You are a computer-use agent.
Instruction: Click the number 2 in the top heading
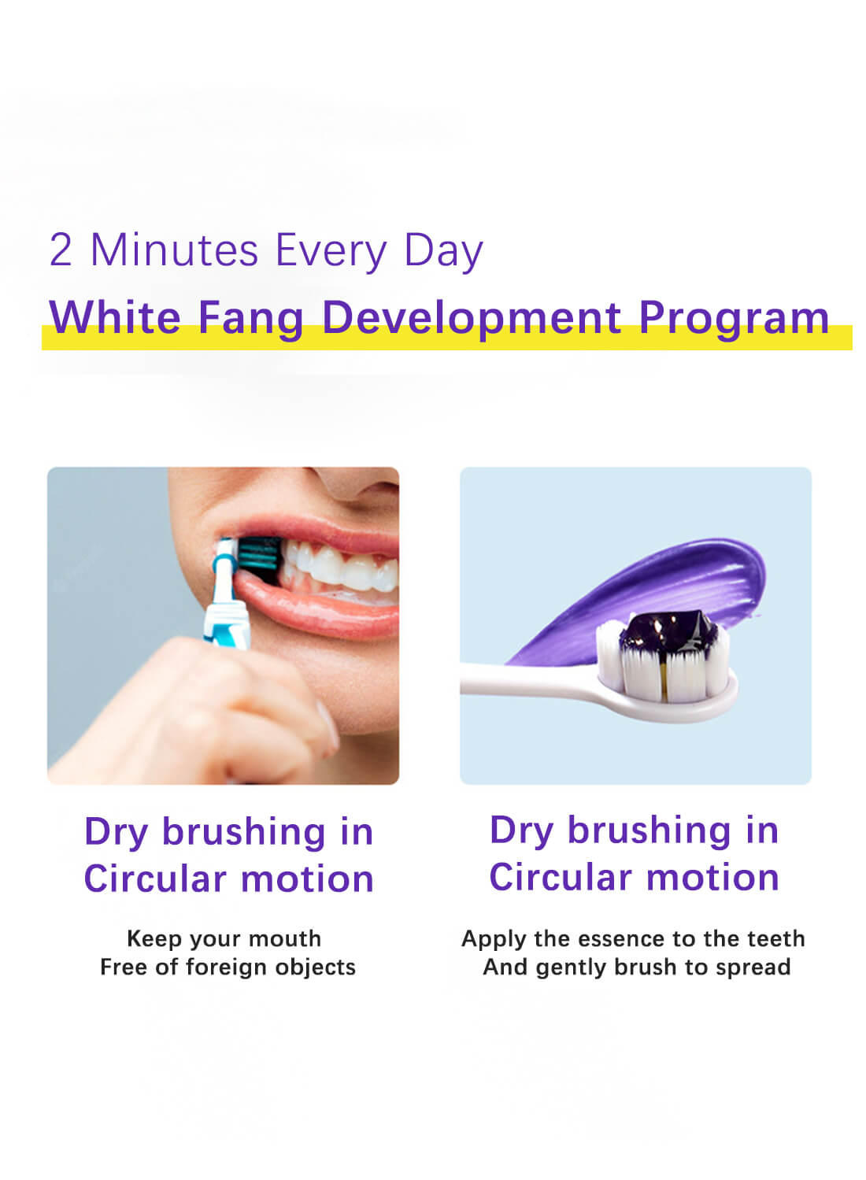(x=61, y=251)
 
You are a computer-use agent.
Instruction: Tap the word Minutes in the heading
(x=174, y=251)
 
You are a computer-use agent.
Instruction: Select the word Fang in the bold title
(x=250, y=319)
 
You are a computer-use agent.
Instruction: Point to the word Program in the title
(x=734, y=319)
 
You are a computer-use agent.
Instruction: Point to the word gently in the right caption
(x=572, y=967)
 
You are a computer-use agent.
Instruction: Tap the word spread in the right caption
(x=752, y=967)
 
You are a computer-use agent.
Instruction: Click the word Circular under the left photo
(x=154, y=879)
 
